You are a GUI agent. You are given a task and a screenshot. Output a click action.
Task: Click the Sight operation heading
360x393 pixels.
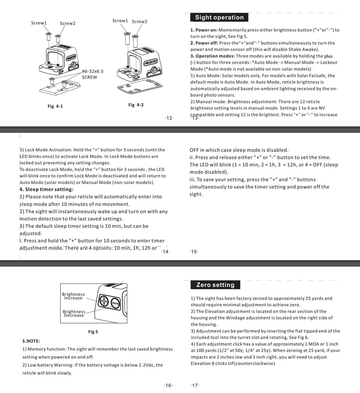[219, 17]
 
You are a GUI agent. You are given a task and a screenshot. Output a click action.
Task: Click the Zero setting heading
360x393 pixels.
[215, 285]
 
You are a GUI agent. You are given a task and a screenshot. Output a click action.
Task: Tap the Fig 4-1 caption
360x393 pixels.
[55, 106]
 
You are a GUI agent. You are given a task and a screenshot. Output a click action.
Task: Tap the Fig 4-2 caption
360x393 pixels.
[136, 105]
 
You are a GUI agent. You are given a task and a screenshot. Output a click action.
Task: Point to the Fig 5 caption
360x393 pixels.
[93, 332]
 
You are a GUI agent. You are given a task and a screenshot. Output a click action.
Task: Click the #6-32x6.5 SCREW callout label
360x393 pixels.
[92, 74]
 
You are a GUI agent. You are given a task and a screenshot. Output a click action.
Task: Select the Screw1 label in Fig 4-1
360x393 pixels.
[39, 23]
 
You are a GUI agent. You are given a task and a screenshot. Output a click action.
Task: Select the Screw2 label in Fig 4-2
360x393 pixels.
[140, 21]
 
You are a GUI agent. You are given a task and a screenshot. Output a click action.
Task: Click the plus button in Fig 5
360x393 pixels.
[104, 301]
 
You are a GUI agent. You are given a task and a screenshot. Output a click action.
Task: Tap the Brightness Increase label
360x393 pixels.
[73, 296]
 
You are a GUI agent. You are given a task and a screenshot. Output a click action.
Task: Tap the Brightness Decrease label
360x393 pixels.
[74, 313]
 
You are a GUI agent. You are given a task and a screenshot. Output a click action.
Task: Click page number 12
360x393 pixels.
[169, 118]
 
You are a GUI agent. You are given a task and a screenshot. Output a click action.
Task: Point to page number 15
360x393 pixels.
[194, 252]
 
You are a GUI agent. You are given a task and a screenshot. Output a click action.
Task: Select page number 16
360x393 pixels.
[168, 385]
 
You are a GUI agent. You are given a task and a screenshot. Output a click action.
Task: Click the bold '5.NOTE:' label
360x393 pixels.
[31, 341]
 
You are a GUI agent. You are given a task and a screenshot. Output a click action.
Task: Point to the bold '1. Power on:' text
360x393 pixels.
[204, 30]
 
